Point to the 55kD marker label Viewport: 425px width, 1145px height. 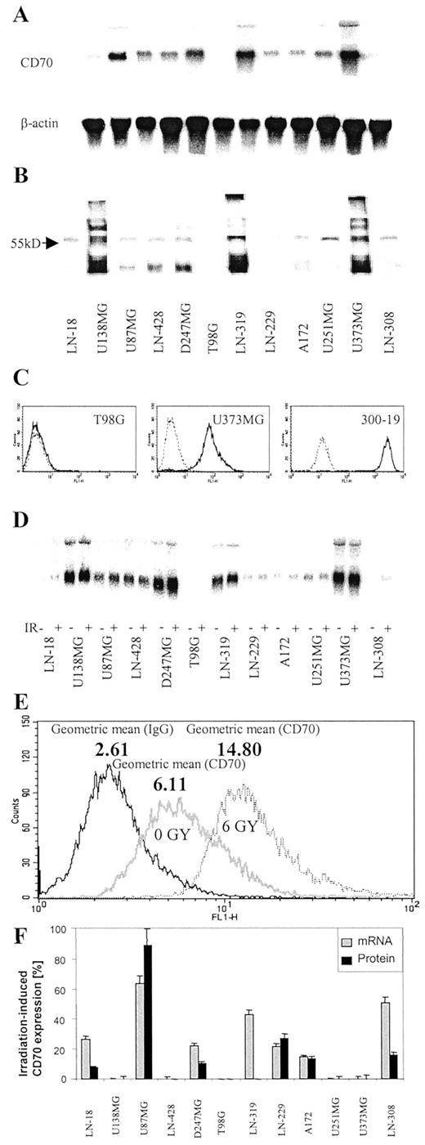click(31, 243)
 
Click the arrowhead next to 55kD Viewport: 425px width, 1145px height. click(56, 243)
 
